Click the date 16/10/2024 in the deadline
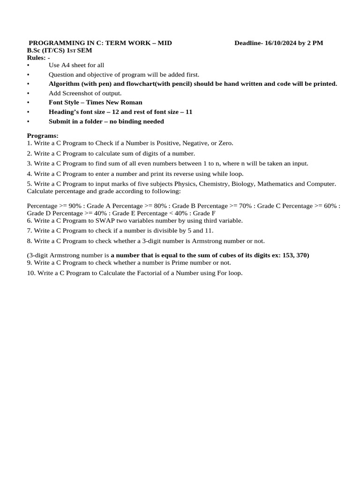[281, 43]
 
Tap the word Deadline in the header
[248, 43]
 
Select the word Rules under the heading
[36, 58]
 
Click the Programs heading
[43, 135]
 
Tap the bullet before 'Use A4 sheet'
[28, 65]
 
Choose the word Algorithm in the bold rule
[64, 84]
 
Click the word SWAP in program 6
[102, 220]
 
